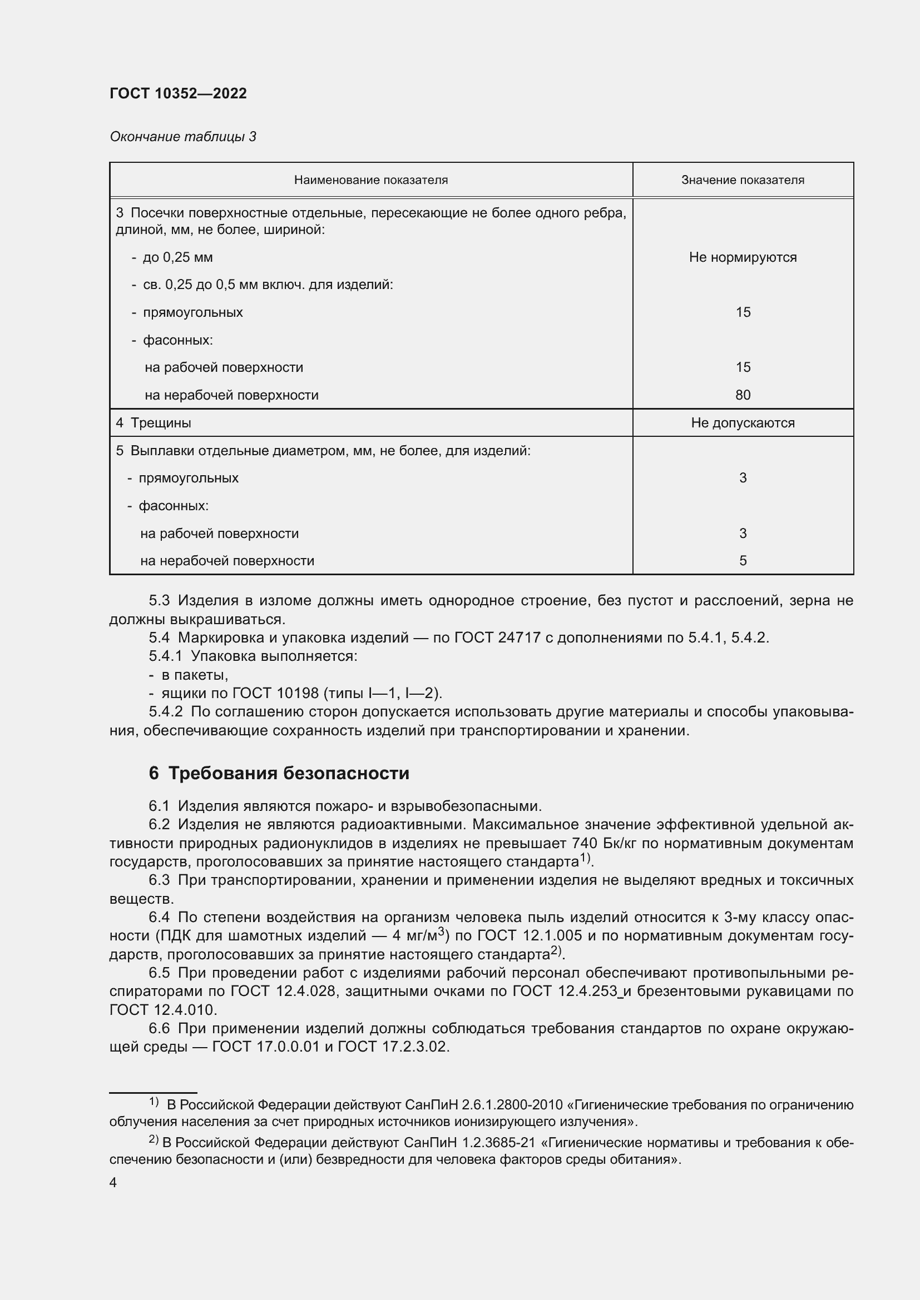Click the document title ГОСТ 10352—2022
pos(178,93)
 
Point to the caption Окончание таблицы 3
pos(182,137)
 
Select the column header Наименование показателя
pos(370,180)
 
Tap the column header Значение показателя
pos(742,180)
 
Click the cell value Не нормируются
pos(742,257)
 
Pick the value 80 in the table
pos(742,395)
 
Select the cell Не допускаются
pos(742,423)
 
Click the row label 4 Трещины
pos(154,423)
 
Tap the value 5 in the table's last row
pos(742,561)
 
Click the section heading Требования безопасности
pos(288,774)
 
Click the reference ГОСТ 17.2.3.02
pos(393,1047)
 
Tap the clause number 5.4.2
pos(165,712)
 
